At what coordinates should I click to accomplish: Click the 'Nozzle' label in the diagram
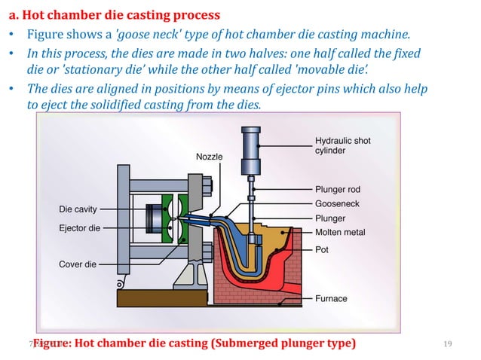209,156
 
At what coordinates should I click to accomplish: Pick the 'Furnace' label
332,298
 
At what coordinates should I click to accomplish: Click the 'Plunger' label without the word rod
332,218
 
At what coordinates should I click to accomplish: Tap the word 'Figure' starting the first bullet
47,35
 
